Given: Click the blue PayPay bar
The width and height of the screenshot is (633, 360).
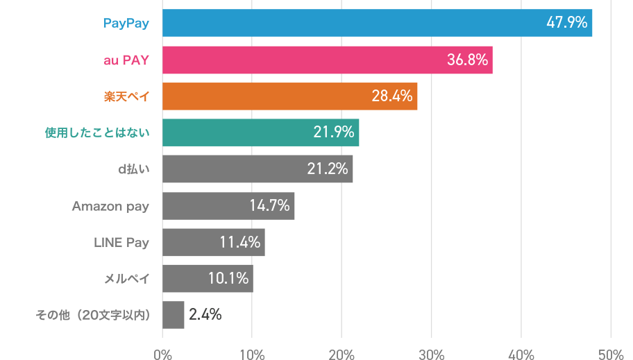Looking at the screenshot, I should click(x=347, y=23).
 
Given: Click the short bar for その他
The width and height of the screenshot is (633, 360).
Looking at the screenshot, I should click(x=173, y=315).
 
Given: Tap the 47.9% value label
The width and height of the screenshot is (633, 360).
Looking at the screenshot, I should click(x=567, y=23).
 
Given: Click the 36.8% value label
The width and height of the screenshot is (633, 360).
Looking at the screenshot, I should click(x=467, y=60).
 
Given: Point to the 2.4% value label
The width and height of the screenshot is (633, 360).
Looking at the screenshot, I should click(x=205, y=315).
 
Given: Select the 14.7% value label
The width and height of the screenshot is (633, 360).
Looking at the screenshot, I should click(x=269, y=206).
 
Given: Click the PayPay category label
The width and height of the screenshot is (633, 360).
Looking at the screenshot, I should click(x=126, y=24).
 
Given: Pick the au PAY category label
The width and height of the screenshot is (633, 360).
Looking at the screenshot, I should click(x=126, y=60).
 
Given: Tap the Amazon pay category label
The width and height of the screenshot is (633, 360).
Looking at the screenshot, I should click(x=111, y=206).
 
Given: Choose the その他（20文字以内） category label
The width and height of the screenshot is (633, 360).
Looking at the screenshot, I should click(x=93, y=316).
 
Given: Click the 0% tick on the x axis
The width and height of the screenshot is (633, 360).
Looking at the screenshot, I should click(x=162, y=354).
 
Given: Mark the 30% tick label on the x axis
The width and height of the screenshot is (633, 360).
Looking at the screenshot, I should click(x=431, y=354).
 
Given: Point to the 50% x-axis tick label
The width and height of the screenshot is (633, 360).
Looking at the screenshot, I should click(x=610, y=354).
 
